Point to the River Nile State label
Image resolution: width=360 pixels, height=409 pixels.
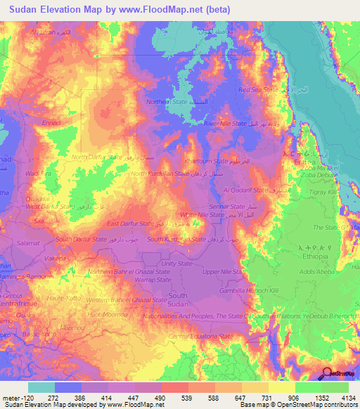pyautogui.click(x=225, y=123)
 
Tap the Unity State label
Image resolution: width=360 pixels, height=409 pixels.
pyautogui.click(x=176, y=264)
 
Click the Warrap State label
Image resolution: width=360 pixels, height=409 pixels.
pyautogui.click(x=154, y=279)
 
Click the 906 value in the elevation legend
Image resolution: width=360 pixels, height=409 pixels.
pyautogui.click(x=283, y=398)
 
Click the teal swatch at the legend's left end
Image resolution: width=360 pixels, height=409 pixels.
pyautogui.click(x=41, y=387)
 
